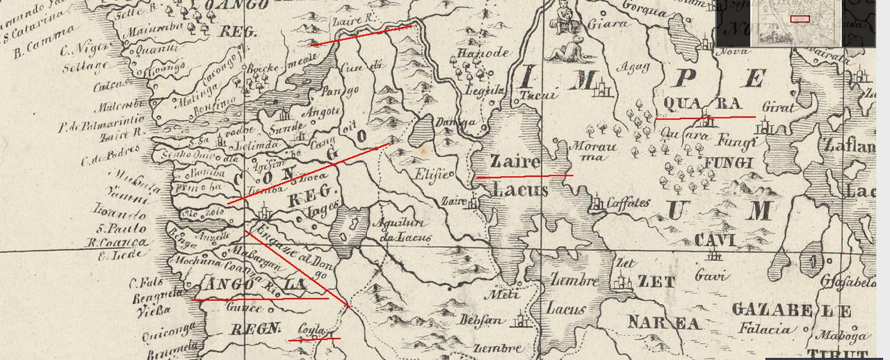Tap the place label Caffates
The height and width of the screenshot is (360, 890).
coord(628,204)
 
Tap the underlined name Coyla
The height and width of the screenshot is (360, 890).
coord(312,330)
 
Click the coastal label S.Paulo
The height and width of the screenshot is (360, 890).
coord(122,229)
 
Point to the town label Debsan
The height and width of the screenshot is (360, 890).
coord(479,320)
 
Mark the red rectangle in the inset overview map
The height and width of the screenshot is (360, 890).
coord(800,19)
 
